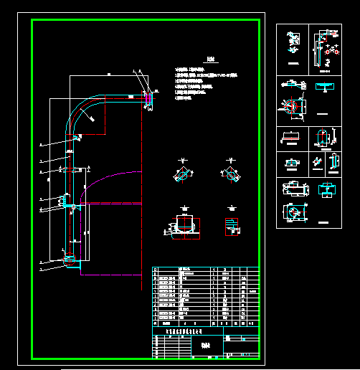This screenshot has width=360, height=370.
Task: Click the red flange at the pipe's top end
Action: (148, 97)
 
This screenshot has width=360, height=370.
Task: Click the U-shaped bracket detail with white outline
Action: (186, 224)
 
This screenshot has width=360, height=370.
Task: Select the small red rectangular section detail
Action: (231, 225)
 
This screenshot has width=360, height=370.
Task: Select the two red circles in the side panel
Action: (331, 52)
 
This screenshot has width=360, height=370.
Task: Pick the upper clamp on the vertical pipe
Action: (70, 170)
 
